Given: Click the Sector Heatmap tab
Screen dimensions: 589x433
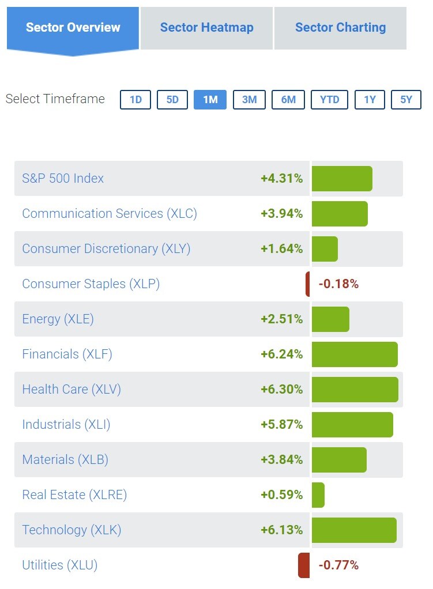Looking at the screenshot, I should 206,28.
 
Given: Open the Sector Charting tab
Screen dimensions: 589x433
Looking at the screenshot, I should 340,28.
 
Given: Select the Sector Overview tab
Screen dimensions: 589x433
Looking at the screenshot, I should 73,28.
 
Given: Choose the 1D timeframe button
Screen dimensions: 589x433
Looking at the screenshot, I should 135,100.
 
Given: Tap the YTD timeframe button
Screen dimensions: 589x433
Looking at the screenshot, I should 329,100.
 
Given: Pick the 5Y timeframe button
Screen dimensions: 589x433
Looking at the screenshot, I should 406,100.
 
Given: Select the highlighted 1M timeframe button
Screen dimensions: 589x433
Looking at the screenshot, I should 210,100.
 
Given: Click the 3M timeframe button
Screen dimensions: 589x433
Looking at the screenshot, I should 249,100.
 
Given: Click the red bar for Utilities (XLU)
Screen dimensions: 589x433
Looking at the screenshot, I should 304,565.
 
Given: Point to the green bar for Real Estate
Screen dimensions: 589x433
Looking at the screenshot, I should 318,495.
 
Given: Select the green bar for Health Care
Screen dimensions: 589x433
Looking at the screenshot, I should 355,390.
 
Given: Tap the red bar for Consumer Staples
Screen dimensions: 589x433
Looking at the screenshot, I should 307,284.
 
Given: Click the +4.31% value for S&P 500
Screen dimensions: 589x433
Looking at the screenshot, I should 281,179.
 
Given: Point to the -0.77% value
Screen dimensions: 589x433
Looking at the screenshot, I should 338,565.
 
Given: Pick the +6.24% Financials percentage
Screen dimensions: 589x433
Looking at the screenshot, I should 281,354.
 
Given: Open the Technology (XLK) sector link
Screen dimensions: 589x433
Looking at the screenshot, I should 71,530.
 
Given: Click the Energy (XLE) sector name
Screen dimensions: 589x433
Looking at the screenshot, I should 58,319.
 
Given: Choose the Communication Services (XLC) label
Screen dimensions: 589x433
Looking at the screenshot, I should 110,214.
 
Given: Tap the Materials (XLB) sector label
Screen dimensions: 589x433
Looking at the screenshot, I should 65,460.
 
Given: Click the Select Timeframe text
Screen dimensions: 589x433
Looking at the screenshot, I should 55,99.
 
